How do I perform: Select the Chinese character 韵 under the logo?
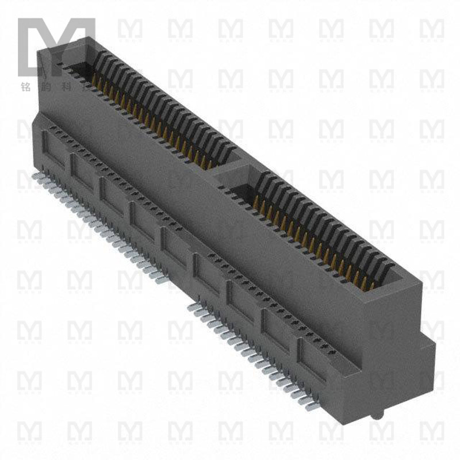pyautogui.click(x=47, y=88)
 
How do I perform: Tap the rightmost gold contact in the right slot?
pyautogui.click(x=371, y=284)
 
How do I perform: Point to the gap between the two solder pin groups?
pyautogui.click(x=178, y=293)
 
